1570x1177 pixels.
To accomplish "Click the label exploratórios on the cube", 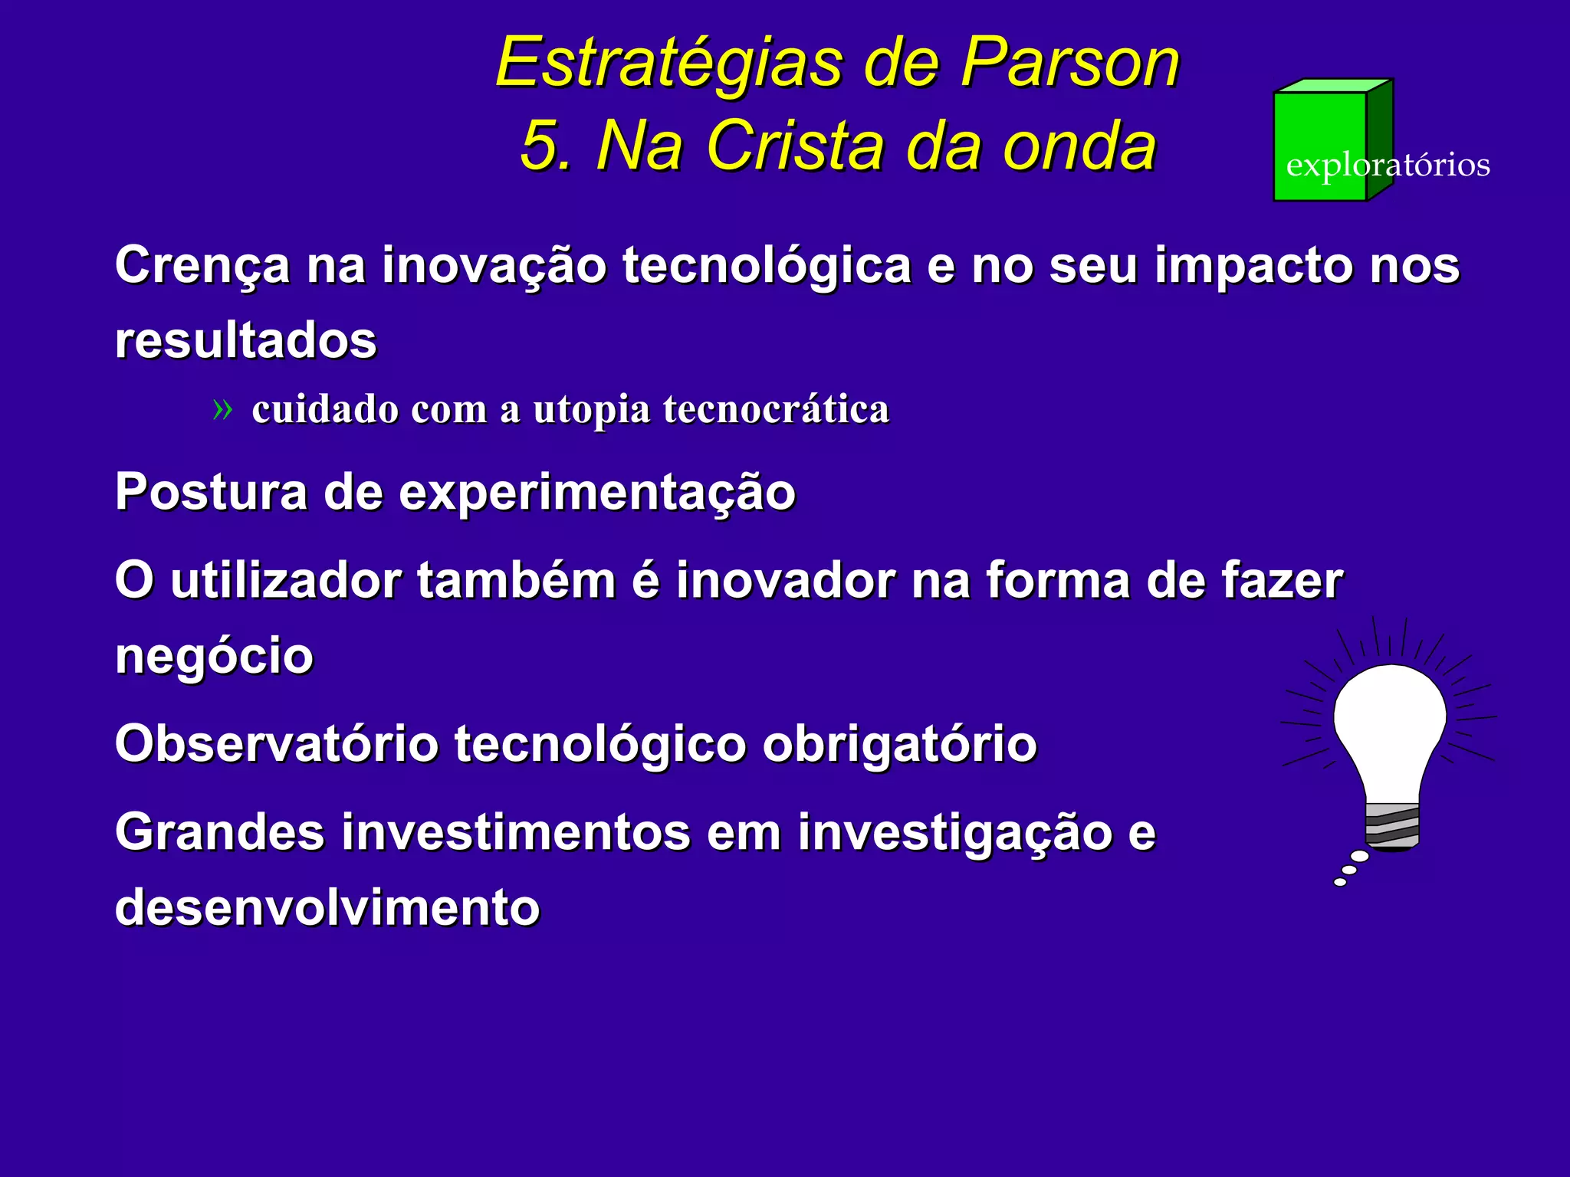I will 1388,166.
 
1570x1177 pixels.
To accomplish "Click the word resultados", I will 245,339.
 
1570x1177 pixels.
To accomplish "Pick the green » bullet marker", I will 222,410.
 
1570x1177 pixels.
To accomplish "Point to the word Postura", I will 210,491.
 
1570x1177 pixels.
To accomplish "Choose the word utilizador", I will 285,580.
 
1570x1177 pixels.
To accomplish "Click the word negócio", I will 214,656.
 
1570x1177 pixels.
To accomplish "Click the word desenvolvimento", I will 327,907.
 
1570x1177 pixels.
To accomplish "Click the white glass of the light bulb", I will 1389,720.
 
